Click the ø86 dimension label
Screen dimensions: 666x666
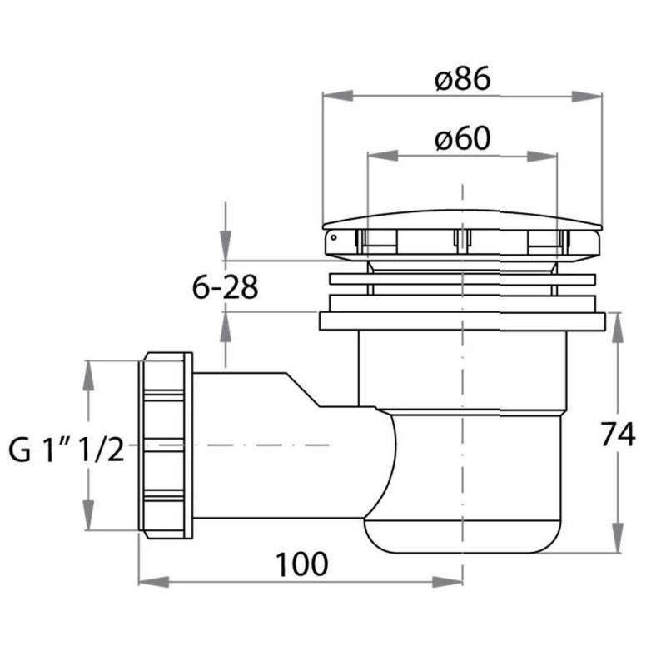[463, 79]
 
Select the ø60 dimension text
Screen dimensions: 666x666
[463, 138]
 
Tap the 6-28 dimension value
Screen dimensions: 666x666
[225, 287]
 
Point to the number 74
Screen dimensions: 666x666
[618, 434]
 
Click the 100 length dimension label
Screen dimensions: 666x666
[302, 564]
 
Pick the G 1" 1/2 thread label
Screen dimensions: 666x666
[67, 450]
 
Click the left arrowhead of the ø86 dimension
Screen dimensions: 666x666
[338, 96]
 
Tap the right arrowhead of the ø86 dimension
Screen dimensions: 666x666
[587, 96]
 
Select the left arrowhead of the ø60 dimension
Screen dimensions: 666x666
[383, 156]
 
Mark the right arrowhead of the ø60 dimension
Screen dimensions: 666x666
[542, 156]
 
